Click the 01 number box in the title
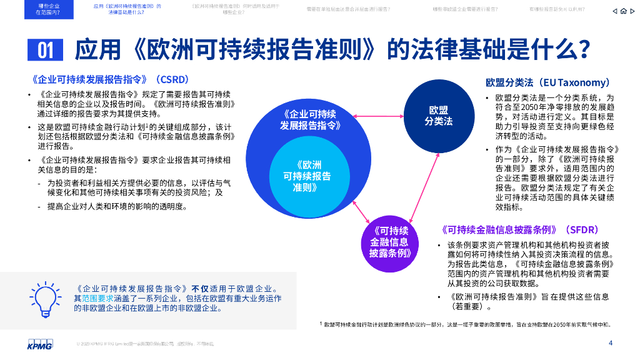pos(46,49)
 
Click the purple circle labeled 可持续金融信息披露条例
pos(389,242)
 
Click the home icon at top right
pos(624,11)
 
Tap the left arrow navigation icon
pos(615,11)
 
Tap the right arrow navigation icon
pos(632,11)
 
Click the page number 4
pos(611,342)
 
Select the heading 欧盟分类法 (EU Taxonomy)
pos(548,82)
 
